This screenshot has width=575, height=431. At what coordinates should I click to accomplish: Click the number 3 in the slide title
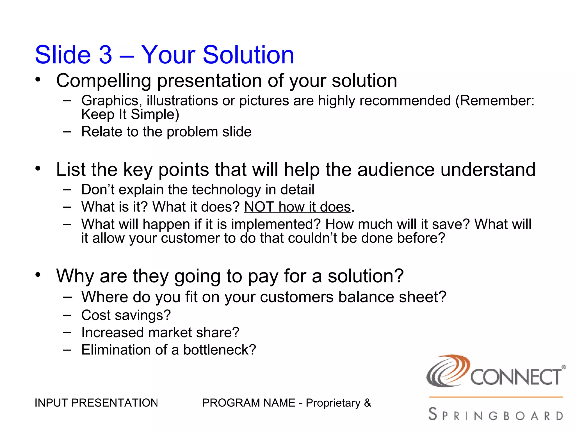[105, 55]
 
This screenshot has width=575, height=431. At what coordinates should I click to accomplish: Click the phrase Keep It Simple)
[130, 114]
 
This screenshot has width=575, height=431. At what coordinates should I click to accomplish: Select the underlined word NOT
[259, 207]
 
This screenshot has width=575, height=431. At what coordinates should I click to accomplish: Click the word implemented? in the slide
[276, 224]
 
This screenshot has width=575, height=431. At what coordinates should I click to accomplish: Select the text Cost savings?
[126, 315]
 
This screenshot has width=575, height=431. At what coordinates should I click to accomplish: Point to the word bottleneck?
[219, 350]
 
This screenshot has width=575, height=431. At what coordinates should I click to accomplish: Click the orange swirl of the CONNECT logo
[455, 368]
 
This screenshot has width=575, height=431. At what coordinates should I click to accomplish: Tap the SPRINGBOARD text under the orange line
[496, 415]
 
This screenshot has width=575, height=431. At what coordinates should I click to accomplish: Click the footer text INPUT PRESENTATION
[96, 403]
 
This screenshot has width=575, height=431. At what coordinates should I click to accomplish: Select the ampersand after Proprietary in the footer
[368, 403]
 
